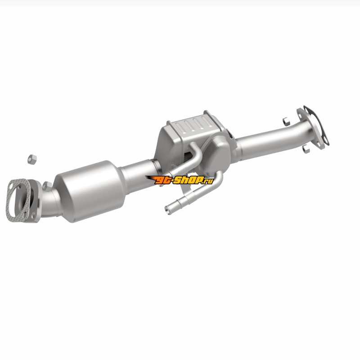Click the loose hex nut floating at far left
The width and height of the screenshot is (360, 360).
pos(32,159)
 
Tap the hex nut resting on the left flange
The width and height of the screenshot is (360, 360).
pos(47,186)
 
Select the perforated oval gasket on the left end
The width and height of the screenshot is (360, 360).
pos(18,200)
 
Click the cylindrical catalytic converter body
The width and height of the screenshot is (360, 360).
pos(91,191)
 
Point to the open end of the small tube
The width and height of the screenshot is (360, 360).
pos(167,210)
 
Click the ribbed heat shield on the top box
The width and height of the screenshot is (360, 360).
pos(193,125)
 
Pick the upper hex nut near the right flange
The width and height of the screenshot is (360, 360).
pos(286,121)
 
